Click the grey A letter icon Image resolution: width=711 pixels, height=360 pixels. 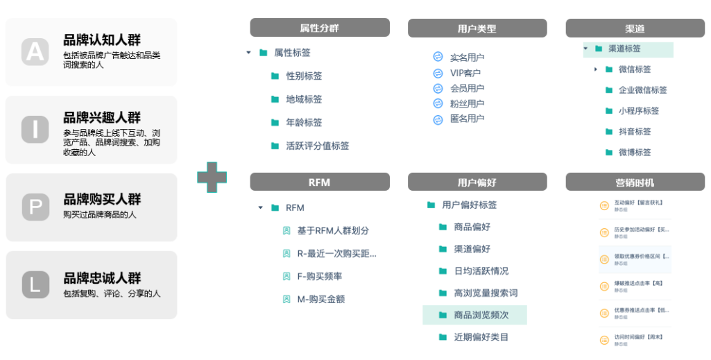[x=35, y=51]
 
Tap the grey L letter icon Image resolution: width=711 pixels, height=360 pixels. [x=35, y=284]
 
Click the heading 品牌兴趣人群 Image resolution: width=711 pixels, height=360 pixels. [x=102, y=117]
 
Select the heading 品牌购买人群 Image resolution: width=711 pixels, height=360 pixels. [x=102, y=200]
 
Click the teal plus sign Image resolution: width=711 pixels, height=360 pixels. [x=212, y=177]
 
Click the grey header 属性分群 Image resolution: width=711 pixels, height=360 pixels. [x=319, y=28]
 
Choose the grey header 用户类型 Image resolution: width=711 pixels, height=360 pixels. [x=477, y=28]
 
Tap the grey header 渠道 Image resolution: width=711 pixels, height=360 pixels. [x=635, y=28]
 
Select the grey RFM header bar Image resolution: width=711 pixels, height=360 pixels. [x=319, y=182]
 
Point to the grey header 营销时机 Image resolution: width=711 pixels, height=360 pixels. [x=635, y=182]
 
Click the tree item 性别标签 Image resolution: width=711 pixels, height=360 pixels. [x=304, y=76]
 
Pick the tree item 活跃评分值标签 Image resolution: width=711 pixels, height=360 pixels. [x=317, y=146]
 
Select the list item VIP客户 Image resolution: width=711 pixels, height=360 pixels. [x=465, y=73]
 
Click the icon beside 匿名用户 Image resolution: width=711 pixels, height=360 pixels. [x=438, y=119]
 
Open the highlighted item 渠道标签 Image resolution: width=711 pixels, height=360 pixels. [x=624, y=49]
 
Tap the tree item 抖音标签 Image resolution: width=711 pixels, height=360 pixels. [x=634, y=132]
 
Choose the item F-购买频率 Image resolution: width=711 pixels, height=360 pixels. [x=319, y=277]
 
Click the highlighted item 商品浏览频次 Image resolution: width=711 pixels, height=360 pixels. [x=481, y=316]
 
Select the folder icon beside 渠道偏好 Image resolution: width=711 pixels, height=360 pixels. [x=443, y=249]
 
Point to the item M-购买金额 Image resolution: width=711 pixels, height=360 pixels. [x=320, y=300]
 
